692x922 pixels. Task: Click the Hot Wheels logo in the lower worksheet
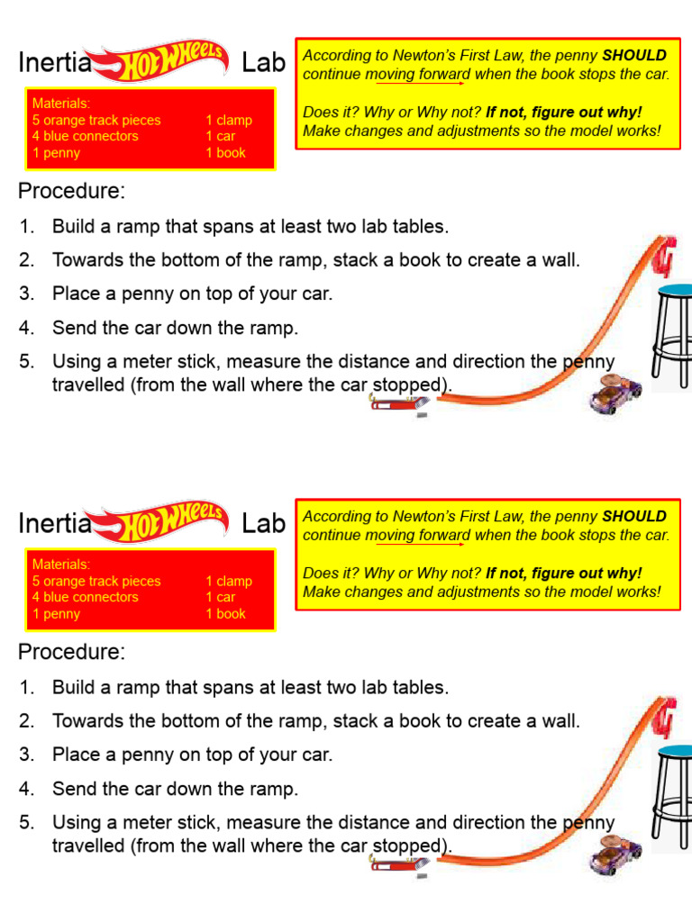(x=166, y=522)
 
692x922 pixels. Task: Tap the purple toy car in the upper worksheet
(x=615, y=394)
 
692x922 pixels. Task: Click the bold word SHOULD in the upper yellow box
(x=634, y=55)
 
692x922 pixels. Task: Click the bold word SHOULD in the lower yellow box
(x=634, y=516)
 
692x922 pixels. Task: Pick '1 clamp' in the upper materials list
(x=229, y=120)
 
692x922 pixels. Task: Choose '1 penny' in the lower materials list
(x=56, y=614)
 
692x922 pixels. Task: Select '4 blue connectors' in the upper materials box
(x=86, y=136)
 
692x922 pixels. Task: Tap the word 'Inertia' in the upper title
(x=55, y=62)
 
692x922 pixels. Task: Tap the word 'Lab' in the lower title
(x=263, y=523)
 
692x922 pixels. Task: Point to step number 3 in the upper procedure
(x=26, y=294)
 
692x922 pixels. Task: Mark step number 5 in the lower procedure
(x=26, y=822)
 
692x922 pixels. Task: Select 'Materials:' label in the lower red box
(x=61, y=565)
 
